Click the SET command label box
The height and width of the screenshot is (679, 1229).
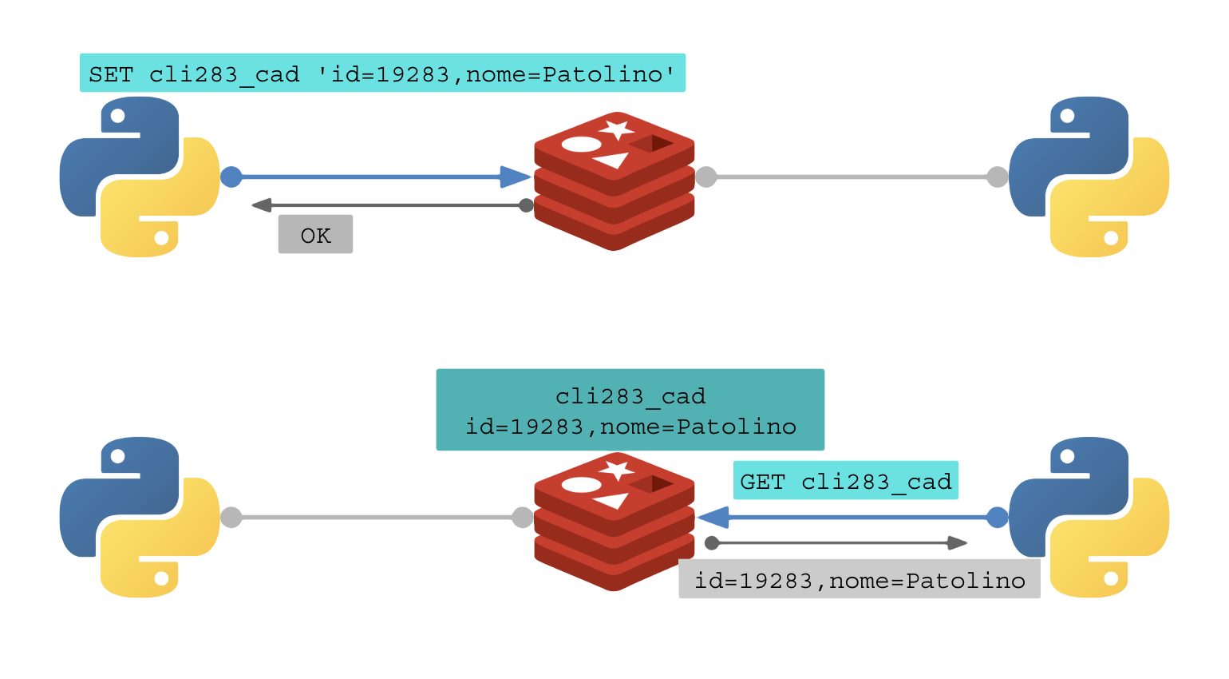382,73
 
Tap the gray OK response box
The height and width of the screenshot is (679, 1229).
315,235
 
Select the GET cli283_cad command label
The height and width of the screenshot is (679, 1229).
845,481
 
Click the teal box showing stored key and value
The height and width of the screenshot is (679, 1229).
630,411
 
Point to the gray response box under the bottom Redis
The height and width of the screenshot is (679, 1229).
859,580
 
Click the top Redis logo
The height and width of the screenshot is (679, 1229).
614,181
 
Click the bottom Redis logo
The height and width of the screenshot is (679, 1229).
614,522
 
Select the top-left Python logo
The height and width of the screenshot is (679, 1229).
140,177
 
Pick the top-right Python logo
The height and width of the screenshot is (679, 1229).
1089,177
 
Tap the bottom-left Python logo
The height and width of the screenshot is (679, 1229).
140,517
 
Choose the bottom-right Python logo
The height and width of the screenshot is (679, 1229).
1089,517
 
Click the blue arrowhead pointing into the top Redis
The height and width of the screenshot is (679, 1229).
515,177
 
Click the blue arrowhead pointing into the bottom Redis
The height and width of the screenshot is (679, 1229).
713,518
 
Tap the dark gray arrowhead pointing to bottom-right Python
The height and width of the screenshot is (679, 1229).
957,543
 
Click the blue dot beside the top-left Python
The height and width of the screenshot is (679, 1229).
231,177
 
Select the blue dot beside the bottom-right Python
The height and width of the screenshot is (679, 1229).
997,518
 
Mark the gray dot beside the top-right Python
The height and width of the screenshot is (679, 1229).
997,177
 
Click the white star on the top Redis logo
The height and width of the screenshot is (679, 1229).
616,129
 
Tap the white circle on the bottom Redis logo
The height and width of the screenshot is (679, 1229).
582,485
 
